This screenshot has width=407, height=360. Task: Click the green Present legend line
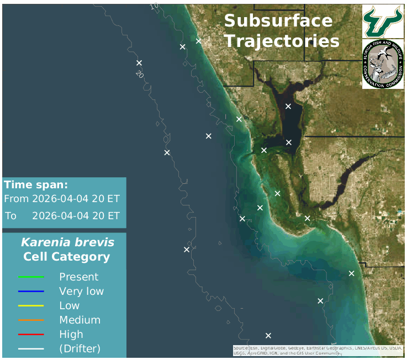click(x=31, y=277)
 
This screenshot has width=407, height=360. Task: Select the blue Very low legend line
click(x=31, y=291)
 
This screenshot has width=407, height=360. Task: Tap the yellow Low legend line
click(x=31, y=305)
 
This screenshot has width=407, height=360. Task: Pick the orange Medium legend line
click(x=31, y=320)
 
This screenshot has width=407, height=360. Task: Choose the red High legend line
click(x=31, y=334)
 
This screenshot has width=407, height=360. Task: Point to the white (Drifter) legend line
click(x=31, y=348)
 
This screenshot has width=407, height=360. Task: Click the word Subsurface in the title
click(x=278, y=22)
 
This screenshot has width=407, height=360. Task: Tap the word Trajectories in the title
click(x=282, y=41)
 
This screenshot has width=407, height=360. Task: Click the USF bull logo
click(x=382, y=21)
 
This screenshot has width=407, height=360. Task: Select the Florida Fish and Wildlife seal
click(x=382, y=64)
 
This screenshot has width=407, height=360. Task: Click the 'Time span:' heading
click(x=36, y=185)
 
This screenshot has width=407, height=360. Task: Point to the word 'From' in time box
click(x=16, y=199)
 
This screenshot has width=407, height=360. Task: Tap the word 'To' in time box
click(x=11, y=216)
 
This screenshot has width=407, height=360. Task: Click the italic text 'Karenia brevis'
click(x=67, y=242)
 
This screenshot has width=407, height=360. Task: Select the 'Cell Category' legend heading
click(x=66, y=257)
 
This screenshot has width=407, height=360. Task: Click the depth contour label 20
click(x=140, y=73)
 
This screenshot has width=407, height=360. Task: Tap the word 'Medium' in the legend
click(x=80, y=320)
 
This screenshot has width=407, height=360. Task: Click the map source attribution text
click(x=318, y=351)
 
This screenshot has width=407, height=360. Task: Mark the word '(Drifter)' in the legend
click(x=80, y=348)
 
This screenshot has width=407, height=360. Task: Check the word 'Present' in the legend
click(x=78, y=277)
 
